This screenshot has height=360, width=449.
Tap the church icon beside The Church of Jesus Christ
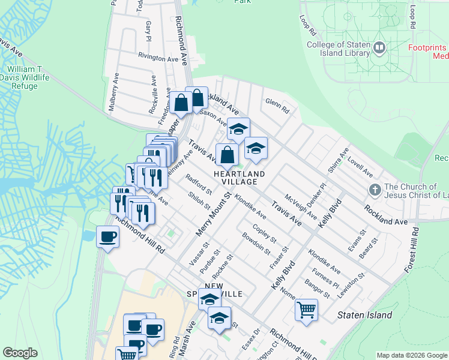(x=375, y=190)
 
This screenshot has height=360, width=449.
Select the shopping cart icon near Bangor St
(x=306, y=311)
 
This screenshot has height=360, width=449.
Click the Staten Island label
(x=364, y=315)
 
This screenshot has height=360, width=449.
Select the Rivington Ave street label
(x=158, y=58)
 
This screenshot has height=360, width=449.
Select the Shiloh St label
(x=199, y=201)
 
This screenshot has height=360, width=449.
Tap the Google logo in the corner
(x=20, y=353)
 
